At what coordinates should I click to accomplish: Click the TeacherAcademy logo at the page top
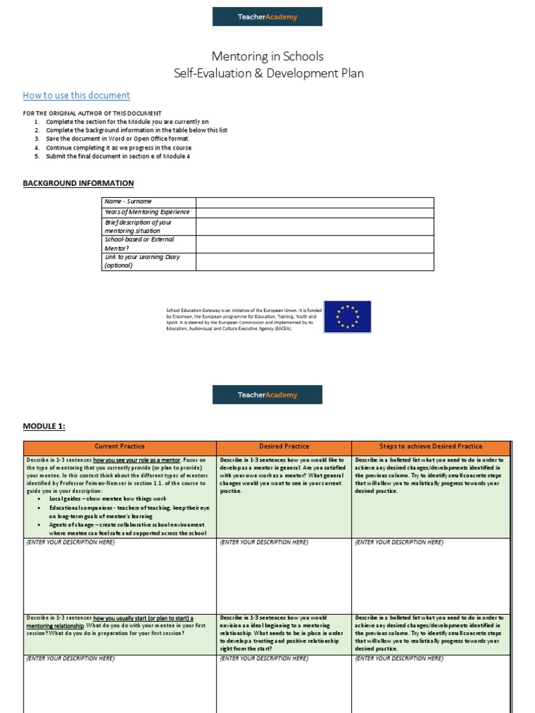click(x=267, y=17)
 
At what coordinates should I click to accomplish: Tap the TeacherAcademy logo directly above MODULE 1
click(x=267, y=395)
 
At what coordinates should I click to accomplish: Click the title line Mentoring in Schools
click(x=268, y=56)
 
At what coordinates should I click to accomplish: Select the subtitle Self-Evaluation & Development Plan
click(x=268, y=73)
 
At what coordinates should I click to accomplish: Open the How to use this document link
click(x=77, y=95)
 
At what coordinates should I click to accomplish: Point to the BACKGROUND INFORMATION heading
click(x=78, y=183)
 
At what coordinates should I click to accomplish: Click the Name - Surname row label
click(x=128, y=201)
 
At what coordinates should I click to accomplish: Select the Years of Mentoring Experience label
click(x=147, y=212)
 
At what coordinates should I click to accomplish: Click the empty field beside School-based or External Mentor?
click(x=314, y=244)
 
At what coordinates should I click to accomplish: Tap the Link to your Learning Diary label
click(x=142, y=257)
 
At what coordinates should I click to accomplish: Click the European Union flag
click(x=348, y=317)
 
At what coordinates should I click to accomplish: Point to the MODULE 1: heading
click(x=44, y=426)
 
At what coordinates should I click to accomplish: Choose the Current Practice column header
click(x=120, y=446)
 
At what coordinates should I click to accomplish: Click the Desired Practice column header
click(x=284, y=446)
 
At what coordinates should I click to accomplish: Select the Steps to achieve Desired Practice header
click(x=431, y=446)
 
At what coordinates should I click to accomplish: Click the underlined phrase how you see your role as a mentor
click(x=137, y=460)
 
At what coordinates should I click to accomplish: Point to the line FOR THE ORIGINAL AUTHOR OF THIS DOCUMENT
click(x=92, y=113)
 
